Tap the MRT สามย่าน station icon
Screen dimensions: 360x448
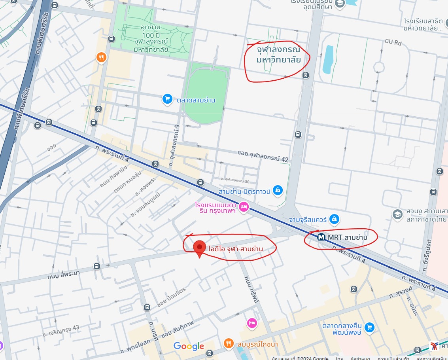click(x=321, y=237)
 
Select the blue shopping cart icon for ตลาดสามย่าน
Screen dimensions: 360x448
click(x=167, y=100)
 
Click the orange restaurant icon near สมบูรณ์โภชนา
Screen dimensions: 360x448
click(x=229, y=344)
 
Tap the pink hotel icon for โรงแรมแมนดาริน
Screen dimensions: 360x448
click(x=244, y=207)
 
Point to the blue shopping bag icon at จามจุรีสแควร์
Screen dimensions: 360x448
click(x=335, y=218)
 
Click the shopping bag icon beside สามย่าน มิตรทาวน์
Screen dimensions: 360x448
click(x=278, y=191)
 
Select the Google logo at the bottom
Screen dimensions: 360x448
click(x=189, y=347)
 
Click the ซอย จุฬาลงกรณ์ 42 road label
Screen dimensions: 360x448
click(x=263, y=156)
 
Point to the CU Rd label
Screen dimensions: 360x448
click(x=393, y=42)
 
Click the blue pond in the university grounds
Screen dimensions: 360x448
click(x=328, y=60)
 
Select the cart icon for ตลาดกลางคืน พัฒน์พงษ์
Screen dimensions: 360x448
click(x=369, y=327)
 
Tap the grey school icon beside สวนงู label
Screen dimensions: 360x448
click(x=397, y=214)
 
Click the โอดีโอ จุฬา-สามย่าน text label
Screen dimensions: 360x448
click(x=236, y=248)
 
